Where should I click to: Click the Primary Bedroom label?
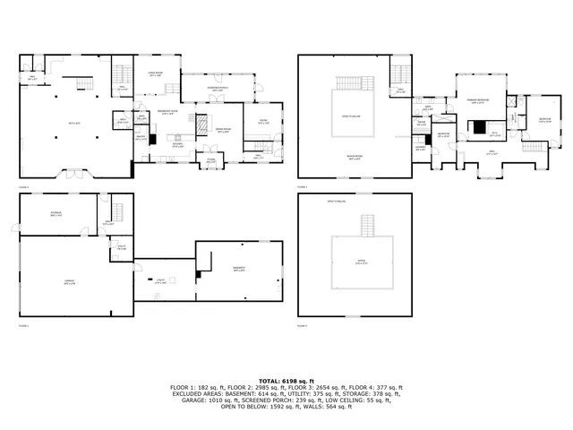point(480,101)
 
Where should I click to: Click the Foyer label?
point(211,162)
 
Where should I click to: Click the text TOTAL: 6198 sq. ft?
point(286,380)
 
